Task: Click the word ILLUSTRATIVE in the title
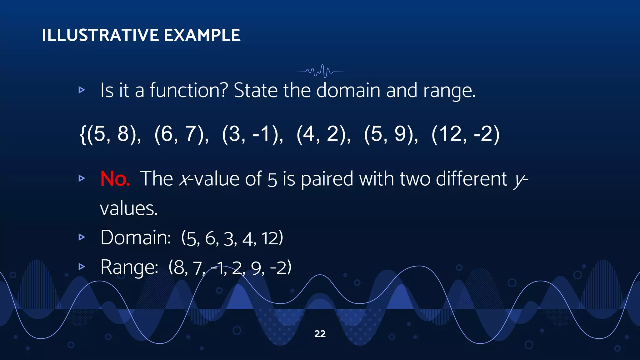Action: pos(100,35)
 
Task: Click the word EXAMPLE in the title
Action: pos(202,35)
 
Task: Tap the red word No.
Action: pos(115,179)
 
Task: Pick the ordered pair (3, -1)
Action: pos(252,134)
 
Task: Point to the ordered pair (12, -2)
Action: pos(465,134)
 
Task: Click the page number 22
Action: pos(320,334)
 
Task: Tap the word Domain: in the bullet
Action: pos(136,237)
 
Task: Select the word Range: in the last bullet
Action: pos(129,267)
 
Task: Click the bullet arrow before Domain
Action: pos(82,237)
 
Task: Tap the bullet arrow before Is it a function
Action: pos(82,90)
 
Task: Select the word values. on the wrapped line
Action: pos(129,209)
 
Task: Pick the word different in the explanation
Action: pos(471,179)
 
